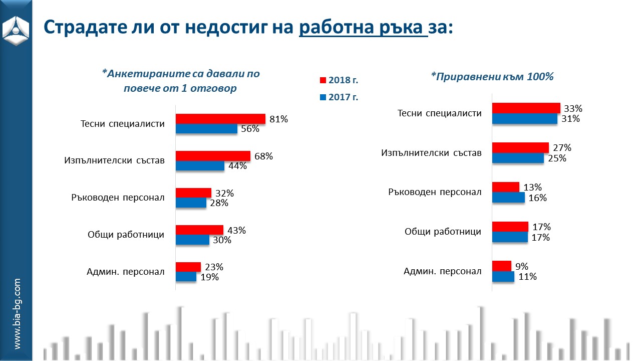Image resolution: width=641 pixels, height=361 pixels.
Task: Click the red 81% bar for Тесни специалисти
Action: [x=220, y=119]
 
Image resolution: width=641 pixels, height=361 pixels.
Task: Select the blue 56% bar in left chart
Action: [x=206, y=129]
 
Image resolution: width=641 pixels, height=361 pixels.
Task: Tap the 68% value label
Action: [x=263, y=156]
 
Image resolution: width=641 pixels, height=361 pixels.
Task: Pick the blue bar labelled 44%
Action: [x=200, y=166]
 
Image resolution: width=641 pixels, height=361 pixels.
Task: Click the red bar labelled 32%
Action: [x=193, y=193]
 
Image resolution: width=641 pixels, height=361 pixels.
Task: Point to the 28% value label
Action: [x=219, y=203]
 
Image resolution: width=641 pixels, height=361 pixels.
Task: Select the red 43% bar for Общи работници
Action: [x=199, y=230]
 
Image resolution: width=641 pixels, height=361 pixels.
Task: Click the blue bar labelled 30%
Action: [x=192, y=240]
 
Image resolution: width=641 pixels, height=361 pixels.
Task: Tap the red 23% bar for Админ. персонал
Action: [x=188, y=267]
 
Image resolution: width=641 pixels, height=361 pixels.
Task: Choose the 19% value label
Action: [x=209, y=277]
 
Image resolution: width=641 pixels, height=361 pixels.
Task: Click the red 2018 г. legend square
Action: [x=323, y=80]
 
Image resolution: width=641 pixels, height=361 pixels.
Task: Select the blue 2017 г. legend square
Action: [x=323, y=97]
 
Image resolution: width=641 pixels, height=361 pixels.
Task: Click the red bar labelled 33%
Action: [x=526, y=108]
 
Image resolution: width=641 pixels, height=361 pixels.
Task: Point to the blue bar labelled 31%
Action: [x=524, y=119]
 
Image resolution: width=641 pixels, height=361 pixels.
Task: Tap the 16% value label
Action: [x=537, y=198]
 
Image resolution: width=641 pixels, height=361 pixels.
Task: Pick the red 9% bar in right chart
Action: [x=502, y=266]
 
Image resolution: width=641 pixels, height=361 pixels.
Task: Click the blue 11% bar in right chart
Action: [x=503, y=277]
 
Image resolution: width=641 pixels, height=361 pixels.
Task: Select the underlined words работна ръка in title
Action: [x=363, y=27]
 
